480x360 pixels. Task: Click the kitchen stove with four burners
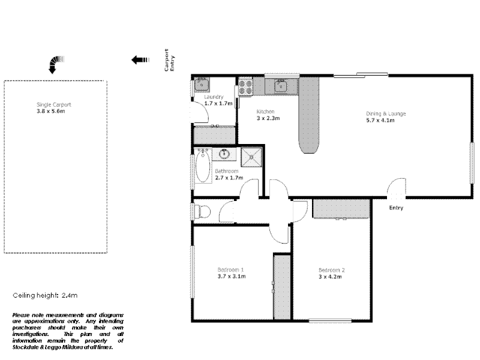tap(245, 88)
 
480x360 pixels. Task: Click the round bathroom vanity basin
tap(224, 154)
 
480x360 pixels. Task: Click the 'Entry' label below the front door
tap(396, 208)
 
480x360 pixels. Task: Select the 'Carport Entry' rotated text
tap(170, 61)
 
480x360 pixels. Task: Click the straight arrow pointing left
tap(140, 59)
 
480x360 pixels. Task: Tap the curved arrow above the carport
tap(55, 63)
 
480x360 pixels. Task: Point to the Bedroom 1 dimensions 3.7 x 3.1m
tap(232, 277)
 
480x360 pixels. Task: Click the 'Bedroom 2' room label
tap(331, 270)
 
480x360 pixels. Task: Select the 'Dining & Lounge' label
tap(386, 113)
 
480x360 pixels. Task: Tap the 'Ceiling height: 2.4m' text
tap(46, 296)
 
